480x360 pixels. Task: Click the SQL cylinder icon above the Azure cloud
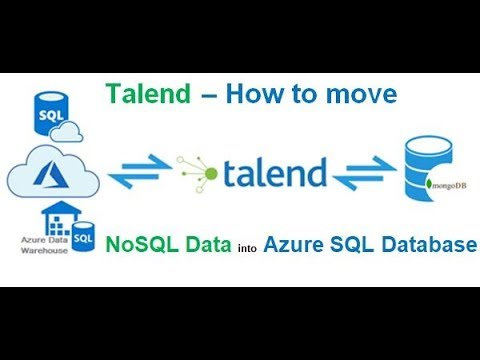50,112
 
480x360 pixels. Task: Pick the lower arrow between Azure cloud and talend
135,181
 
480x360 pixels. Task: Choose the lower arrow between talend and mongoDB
363,181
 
